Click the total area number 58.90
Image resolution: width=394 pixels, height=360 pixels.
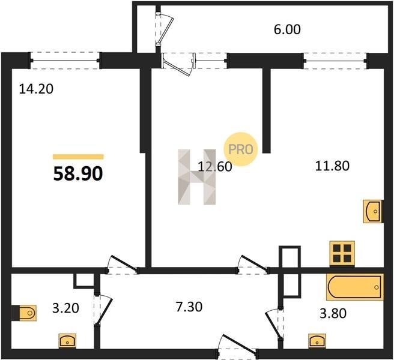(78, 174)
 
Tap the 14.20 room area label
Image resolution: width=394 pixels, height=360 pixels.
(36, 89)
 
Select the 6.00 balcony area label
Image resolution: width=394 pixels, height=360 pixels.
(287, 29)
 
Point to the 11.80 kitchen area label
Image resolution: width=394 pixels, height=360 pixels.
(332, 166)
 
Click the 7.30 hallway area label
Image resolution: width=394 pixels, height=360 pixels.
(189, 307)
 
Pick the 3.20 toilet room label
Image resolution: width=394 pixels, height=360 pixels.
(65, 308)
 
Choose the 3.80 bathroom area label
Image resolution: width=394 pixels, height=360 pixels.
(333, 313)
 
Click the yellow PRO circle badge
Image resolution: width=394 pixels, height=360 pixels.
(241, 149)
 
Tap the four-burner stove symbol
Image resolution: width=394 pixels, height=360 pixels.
(342, 254)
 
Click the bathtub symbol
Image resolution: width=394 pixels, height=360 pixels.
(355, 287)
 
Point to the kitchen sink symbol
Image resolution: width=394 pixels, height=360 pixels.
(373, 211)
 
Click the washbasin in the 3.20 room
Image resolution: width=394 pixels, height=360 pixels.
(67, 341)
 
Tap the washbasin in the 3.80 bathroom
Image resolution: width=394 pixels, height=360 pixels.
(317, 341)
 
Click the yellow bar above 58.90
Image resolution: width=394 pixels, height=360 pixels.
(78, 157)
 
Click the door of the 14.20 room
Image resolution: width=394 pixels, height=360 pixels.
(123, 265)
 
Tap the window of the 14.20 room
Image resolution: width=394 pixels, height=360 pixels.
(65, 60)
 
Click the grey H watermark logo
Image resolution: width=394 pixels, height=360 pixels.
(197, 177)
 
